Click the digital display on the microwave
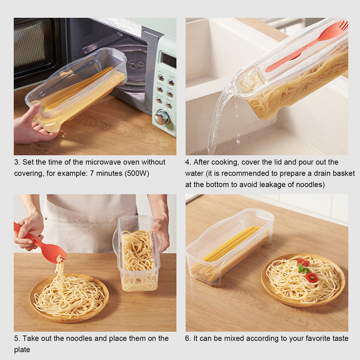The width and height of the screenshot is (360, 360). (x=168, y=60)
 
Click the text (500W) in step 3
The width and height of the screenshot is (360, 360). (x=134, y=173)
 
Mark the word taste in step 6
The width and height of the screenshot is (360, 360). (x=338, y=338)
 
